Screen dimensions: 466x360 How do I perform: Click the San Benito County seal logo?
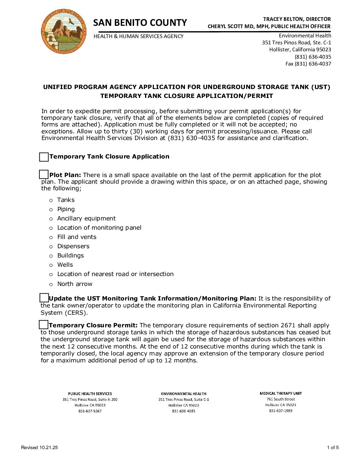[64, 32]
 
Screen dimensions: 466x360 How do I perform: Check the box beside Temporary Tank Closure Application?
[44, 157]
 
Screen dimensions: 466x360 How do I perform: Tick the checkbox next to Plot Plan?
[44, 174]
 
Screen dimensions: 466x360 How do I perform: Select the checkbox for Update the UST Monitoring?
[44, 298]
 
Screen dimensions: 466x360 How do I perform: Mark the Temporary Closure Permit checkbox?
[44, 325]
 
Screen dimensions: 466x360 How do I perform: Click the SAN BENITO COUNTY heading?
[140, 23]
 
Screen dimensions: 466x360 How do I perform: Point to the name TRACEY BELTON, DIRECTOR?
[297, 19]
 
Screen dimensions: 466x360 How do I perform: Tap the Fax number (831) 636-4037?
[308, 64]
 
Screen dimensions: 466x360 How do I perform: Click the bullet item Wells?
[65, 265]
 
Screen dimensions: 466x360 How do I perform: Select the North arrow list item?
[75, 284]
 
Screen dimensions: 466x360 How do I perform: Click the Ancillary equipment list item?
[86, 218]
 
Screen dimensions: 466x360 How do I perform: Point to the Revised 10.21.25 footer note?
[39, 447]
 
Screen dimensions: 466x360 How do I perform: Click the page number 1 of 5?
[333, 447]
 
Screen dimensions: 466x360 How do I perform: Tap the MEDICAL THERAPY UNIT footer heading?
[281, 393]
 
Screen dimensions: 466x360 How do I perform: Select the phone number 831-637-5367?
[90, 411]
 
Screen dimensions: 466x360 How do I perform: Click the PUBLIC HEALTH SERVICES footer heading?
[90, 394]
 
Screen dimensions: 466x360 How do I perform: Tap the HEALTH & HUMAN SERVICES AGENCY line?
[138, 36]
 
